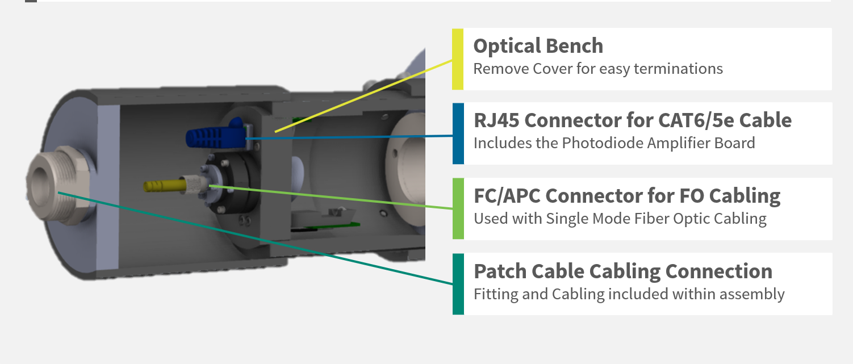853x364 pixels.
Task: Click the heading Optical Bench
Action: point(538,46)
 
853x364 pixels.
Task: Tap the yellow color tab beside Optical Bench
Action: point(458,59)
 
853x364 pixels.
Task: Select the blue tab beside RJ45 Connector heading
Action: point(458,133)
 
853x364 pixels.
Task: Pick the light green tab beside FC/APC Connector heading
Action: point(458,208)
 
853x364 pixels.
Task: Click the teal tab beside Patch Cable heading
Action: point(458,283)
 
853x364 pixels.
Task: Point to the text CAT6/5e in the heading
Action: point(678,120)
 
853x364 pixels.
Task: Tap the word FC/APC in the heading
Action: point(507,196)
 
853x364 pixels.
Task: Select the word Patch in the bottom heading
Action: point(495,271)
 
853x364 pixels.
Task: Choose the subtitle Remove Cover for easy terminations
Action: point(598,69)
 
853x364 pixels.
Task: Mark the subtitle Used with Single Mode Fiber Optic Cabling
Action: point(620,219)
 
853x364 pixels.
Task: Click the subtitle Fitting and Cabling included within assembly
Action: point(629,294)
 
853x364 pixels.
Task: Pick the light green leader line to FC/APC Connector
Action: point(329,196)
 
